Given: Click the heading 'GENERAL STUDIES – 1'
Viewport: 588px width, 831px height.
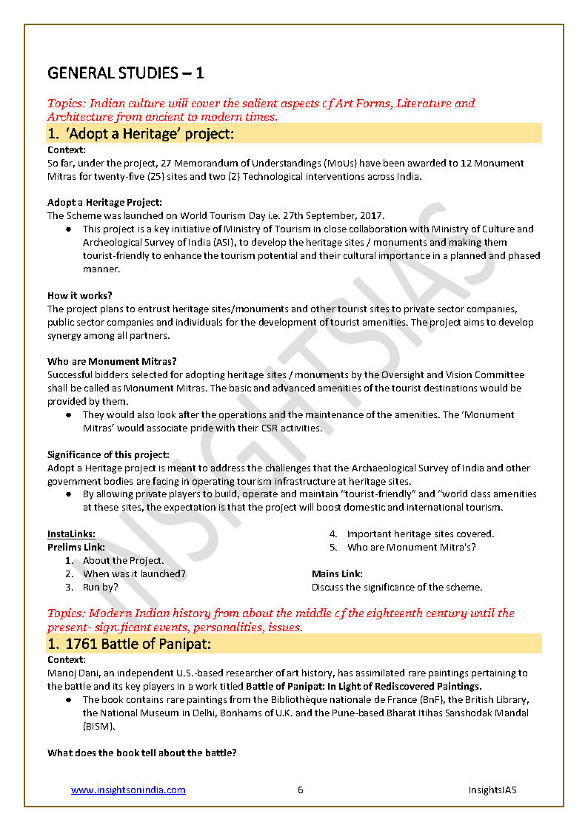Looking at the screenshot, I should pyautogui.click(x=125, y=73).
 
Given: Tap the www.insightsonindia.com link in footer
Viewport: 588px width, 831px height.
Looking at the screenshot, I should pyautogui.click(x=128, y=790).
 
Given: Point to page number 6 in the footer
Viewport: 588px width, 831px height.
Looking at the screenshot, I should pyautogui.click(x=301, y=790).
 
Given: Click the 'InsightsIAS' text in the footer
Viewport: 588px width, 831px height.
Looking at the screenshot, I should pyautogui.click(x=492, y=790).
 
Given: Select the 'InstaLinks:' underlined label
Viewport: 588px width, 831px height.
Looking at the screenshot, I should pyautogui.click(x=71, y=534).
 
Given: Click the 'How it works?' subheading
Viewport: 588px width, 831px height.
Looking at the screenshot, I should pyautogui.click(x=80, y=295).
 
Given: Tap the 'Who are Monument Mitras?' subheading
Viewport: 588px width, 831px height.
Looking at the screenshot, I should pyautogui.click(x=112, y=362).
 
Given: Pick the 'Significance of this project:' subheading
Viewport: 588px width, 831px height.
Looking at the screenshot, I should pyautogui.click(x=108, y=454).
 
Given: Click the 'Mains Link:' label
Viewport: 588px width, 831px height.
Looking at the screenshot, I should pyautogui.click(x=337, y=573).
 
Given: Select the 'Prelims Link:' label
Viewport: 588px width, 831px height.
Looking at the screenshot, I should pyautogui.click(x=76, y=547).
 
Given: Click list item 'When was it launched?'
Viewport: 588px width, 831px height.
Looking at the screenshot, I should pyautogui.click(x=134, y=573).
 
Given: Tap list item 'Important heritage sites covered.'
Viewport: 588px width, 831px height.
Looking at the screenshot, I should pyautogui.click(x=420, y=534).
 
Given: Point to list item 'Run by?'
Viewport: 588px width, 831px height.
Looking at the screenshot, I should pyautogui.click(x=100, y=587).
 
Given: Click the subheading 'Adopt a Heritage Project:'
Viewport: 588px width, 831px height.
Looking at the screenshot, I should pyautogui.click(x=104, y=202).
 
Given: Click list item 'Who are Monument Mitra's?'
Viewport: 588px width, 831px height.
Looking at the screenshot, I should pyautogui.click(x=411, y=547).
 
